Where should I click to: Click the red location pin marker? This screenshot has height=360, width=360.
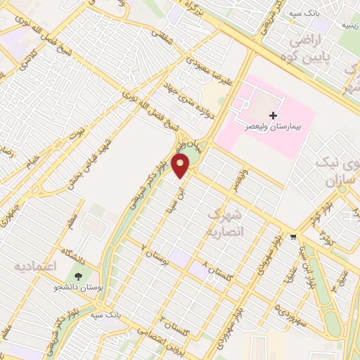coord(181,166)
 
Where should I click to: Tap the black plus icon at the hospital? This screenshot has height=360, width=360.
coord(273,115)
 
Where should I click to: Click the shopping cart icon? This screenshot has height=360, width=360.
coord(293,237)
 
